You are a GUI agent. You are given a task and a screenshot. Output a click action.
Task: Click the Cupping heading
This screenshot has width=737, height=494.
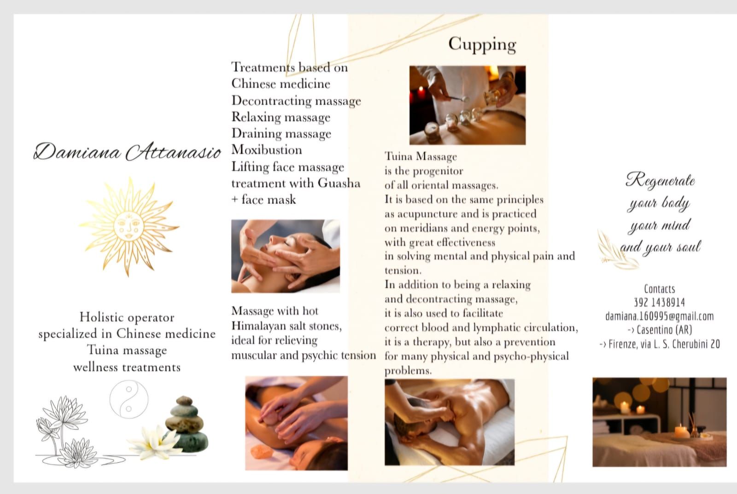(x=482, y=45)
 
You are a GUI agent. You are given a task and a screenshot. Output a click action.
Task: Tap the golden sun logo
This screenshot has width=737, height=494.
(x=129, y=227)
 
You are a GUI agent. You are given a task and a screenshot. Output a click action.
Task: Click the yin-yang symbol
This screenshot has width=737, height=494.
(x=129, y=399)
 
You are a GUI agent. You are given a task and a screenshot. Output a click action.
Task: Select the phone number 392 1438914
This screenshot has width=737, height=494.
(x=659, y=302)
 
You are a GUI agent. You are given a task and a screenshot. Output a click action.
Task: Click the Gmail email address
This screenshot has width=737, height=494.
(x=659, y=316)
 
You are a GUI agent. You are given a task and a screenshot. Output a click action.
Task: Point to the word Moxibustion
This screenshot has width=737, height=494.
(x=267, y=150)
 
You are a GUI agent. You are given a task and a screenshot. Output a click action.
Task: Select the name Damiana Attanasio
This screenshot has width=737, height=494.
(x=127, y=152)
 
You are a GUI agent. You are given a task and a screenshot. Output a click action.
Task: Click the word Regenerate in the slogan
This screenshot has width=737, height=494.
(x=660, y=180)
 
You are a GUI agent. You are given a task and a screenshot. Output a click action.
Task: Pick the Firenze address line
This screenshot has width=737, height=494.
(x=660, y=344)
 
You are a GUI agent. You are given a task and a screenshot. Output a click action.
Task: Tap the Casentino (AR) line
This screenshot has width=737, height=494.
(x=660, y=330)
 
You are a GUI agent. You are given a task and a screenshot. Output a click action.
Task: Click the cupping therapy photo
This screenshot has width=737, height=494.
(x=468, y=105)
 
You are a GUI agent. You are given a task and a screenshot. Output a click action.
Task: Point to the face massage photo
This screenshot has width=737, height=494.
(x=286, y=256)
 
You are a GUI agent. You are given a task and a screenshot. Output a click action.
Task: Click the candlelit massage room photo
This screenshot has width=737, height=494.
(x=659, y=422)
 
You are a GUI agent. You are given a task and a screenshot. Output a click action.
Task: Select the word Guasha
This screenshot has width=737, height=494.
(x=339, y=183)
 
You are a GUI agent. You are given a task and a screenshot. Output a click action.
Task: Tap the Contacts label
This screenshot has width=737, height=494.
(x=659, y=289)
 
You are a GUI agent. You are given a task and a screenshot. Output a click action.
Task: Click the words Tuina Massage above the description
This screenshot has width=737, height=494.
(x=421, y=156)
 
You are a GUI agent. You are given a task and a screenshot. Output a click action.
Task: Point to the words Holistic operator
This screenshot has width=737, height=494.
(x=127, y=317)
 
